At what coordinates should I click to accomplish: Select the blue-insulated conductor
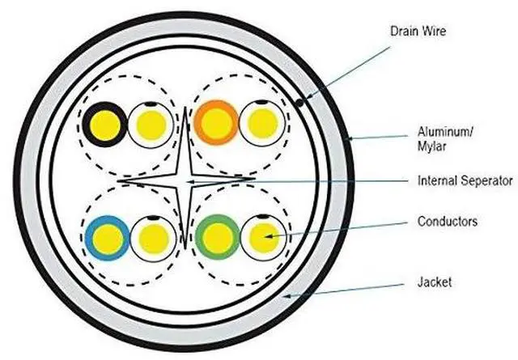click(107, 238)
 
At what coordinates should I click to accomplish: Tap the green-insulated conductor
click(215, 238)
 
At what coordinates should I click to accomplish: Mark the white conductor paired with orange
click(261, 123)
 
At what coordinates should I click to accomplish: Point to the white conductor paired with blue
click(151, 238)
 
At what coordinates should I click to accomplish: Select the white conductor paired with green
click(261, 238)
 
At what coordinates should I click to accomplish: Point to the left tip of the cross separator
click(118, 181)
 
